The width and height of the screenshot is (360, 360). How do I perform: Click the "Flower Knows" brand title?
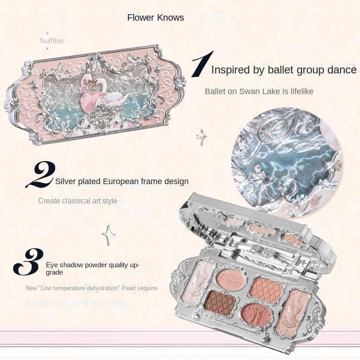point(155,18)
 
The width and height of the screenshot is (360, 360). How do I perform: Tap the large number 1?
point(202,64)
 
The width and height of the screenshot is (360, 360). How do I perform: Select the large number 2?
point(40,174)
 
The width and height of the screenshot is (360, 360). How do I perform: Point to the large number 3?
point(28,262)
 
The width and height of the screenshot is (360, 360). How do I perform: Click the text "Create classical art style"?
point(78,201)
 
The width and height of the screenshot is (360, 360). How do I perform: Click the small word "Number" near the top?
point(52,41)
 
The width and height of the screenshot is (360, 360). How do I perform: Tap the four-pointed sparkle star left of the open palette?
point(109,235)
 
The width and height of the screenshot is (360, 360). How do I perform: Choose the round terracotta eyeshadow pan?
point(256,314)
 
